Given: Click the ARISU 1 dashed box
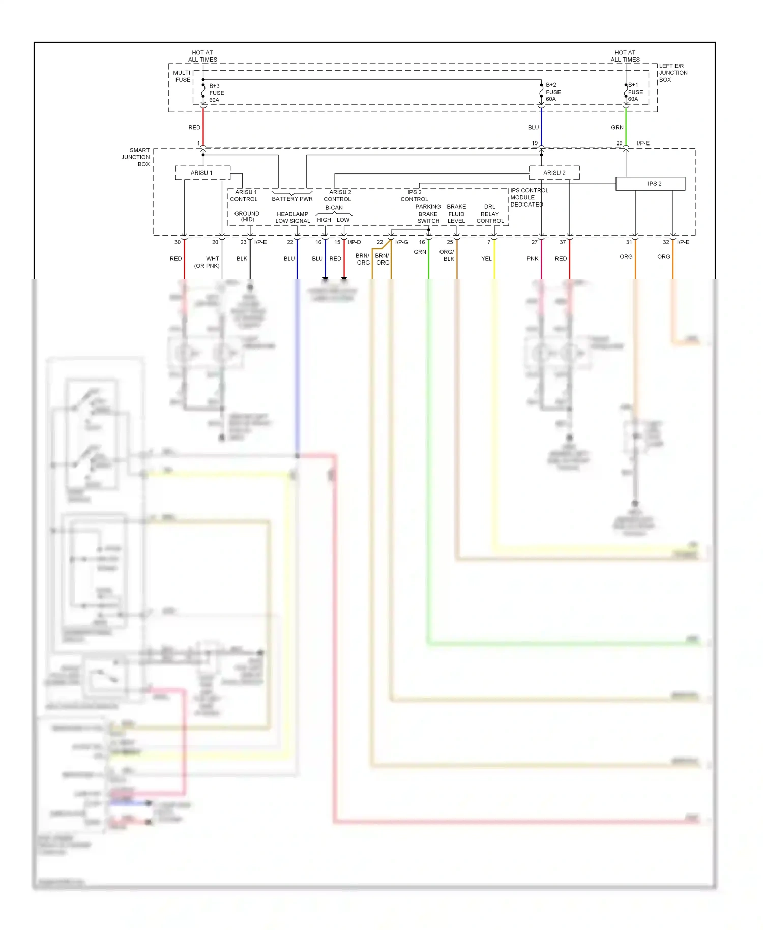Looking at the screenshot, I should coord(202,172).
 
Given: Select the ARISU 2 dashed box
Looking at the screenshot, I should coord(554,172).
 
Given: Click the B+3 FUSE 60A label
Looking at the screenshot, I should coord(216,93).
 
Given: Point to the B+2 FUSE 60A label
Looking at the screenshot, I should coord(553,92).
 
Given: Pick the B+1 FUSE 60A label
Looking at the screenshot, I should coord(635,92).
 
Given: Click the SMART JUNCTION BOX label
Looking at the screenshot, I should coord(136,157).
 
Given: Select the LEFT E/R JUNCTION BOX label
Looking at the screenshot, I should coord(672,73).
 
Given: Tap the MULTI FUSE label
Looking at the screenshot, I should coord(182,76).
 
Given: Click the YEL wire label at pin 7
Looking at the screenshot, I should coord(486,258).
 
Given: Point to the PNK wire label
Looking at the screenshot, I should coord(532,258).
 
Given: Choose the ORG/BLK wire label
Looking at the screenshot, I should coord(447,255).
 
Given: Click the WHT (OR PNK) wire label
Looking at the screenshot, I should coord(207,262).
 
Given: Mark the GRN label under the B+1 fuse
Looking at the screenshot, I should coord(617,127).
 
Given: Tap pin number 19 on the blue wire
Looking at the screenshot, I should coord(534,143).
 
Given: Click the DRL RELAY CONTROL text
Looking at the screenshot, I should coord(490,214).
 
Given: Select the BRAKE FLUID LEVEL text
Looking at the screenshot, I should coord(456,214).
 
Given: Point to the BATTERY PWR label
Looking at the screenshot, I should coord(292,199).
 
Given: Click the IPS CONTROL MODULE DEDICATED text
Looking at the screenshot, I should coord(528,197).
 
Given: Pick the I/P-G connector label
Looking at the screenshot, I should coord(401,242).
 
